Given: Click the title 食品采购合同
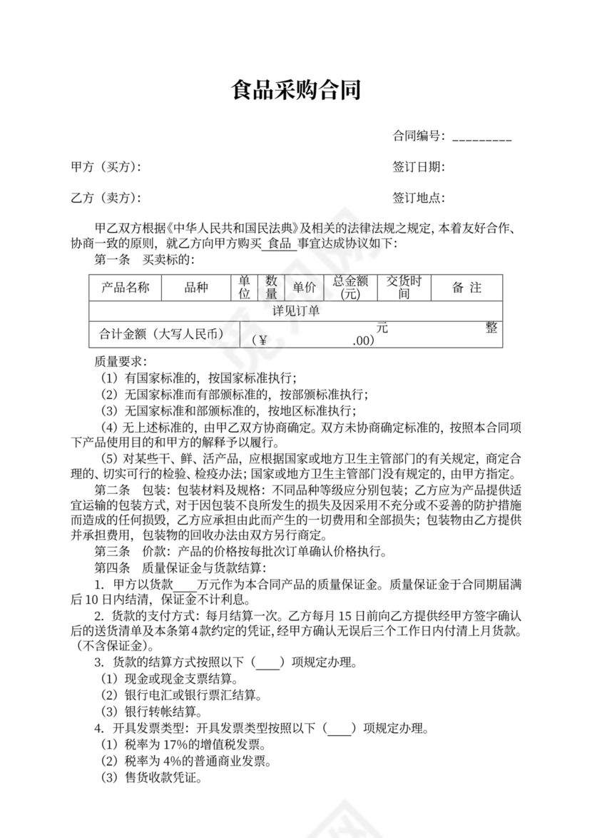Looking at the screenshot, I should pos(296,91).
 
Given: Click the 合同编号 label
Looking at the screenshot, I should pos(419,136).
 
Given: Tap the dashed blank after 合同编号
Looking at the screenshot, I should pos(482,137).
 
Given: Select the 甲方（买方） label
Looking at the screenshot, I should pos(106,167).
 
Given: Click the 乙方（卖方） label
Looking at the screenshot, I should pos(106,198).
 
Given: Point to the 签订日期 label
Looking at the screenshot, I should pos(419,167).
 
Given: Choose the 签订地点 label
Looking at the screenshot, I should pos(419,198).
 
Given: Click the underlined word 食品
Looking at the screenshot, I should pos(279,244).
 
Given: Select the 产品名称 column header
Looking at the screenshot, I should pos(125,288).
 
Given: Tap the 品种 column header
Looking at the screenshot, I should pos(196,288).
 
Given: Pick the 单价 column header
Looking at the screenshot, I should pos(303,288).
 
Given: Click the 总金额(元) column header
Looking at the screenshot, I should pos(349,288).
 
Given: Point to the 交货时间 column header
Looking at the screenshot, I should pos(404,288).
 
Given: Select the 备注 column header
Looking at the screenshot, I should pos(466,288).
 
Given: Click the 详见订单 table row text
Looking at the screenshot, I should pos(296,311).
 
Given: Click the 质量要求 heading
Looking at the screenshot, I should pos(121,361).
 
